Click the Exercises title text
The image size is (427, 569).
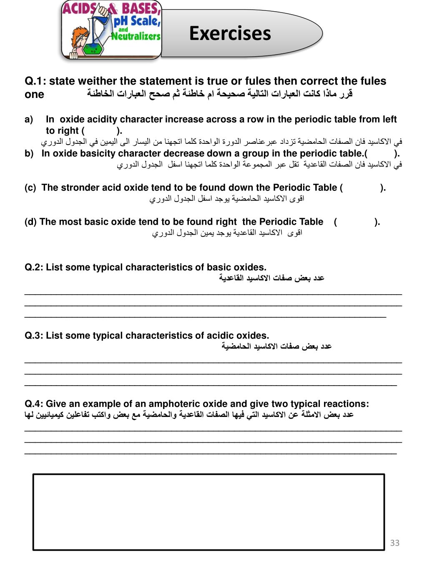(x=230, y=34)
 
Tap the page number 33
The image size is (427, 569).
(x=394, y=542)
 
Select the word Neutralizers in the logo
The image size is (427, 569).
(x=136, y=36)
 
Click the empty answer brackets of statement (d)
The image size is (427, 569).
(x=357, y=222)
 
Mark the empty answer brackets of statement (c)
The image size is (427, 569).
(x=363, y=188)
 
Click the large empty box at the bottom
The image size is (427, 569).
(x=208, y=512)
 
